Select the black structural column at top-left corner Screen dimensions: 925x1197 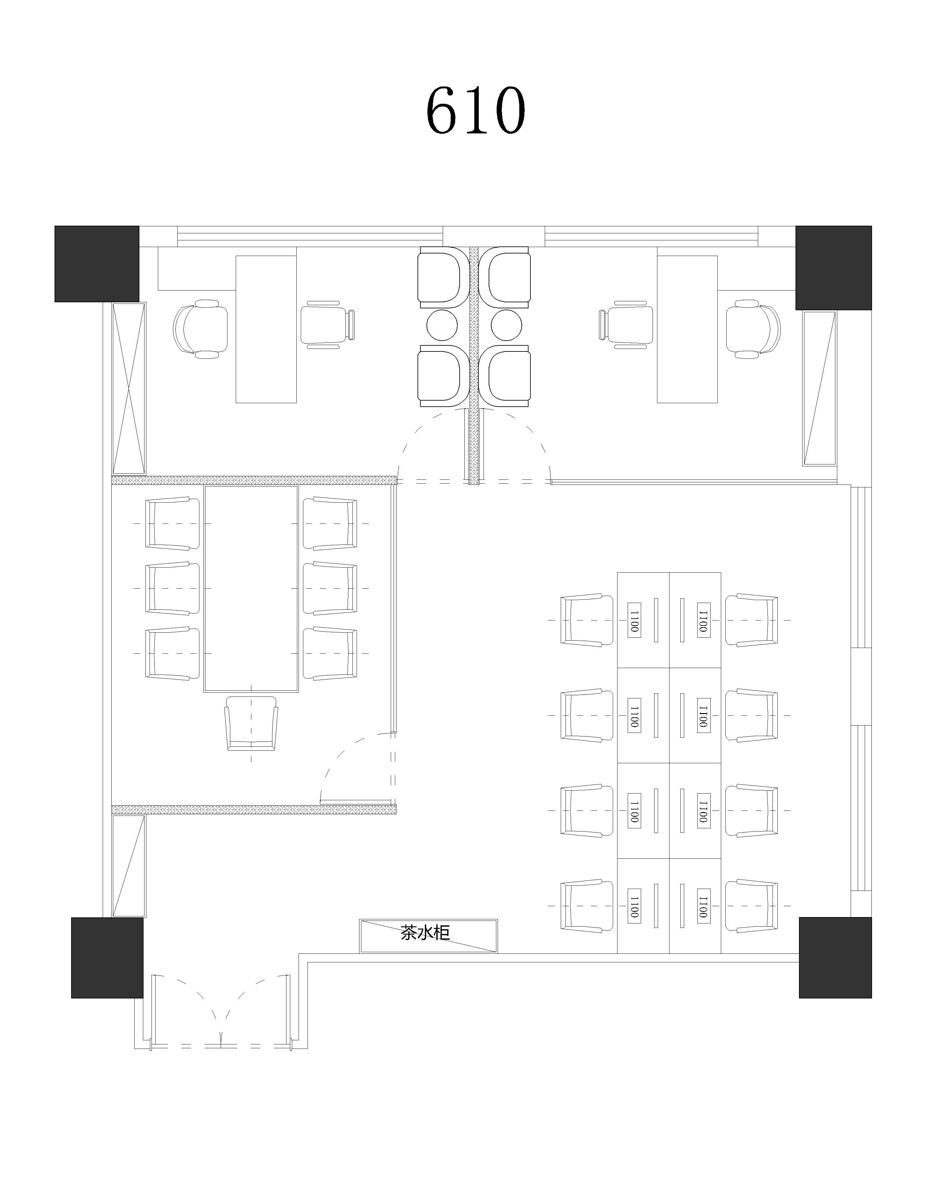pos(96,264)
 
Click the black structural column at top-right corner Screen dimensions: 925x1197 pos(833,267)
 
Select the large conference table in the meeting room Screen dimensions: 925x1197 pos(251,589)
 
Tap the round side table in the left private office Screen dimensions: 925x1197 pos(442,324)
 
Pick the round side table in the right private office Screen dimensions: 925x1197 pos(507,324)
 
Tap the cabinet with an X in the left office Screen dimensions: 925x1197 pos(129,388)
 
